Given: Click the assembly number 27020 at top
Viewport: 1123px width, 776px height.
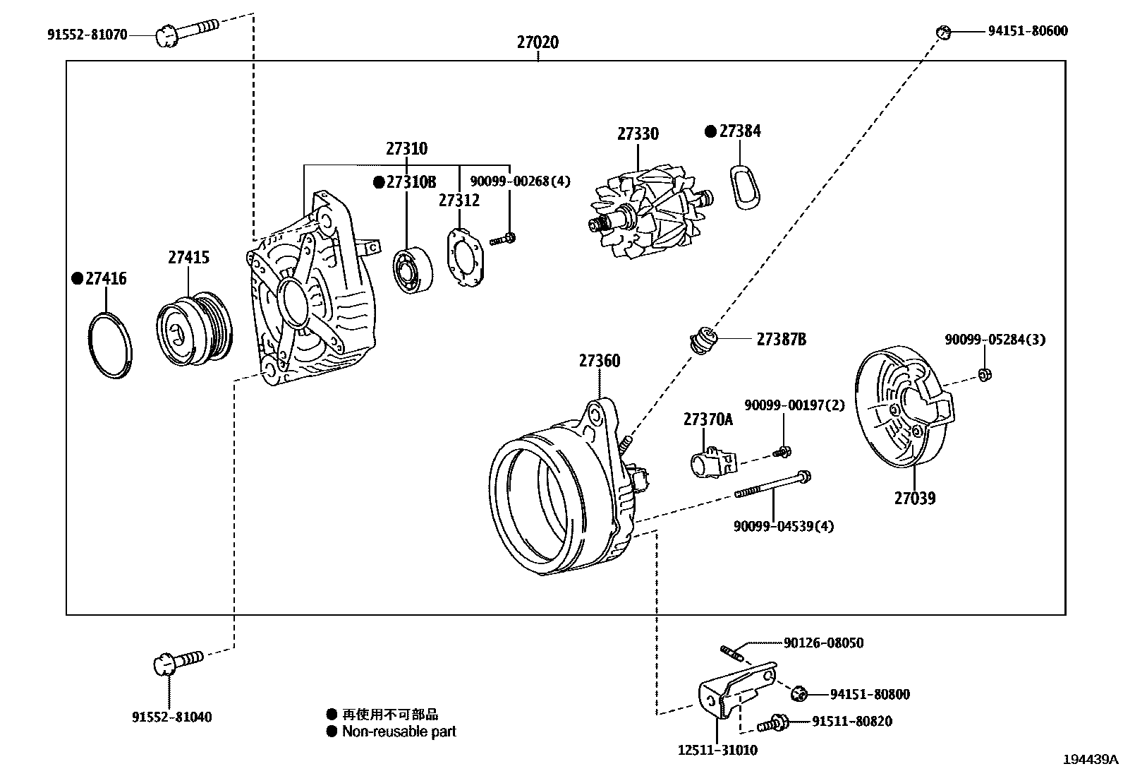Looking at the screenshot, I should (537, 42).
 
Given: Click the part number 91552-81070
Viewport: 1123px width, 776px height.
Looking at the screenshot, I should (87, 33).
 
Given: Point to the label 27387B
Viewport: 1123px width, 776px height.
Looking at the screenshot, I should (781, 340).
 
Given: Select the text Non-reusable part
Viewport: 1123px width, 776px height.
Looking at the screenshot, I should (399, 732).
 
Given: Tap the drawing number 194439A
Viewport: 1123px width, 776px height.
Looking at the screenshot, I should (1091, 760).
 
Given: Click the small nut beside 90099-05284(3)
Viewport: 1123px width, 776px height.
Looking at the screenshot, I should (984, 374).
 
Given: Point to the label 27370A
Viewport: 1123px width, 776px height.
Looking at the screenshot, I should (708, 420).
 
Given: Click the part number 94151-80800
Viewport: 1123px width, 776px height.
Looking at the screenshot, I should (869, 695).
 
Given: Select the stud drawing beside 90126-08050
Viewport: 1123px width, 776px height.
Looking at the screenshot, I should (732, 651).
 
